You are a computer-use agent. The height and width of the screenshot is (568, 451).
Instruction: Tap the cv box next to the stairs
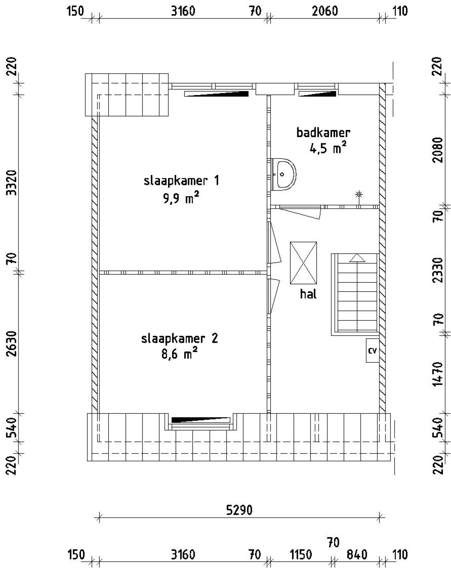(372, 350)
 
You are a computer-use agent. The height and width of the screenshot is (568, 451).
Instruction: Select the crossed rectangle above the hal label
(303, 263)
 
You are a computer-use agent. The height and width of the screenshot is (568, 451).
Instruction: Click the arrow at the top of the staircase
(357, 258)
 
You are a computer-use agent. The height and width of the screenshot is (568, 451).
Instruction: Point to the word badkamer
(323, 133)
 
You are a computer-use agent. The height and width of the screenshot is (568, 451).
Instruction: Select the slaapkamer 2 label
(180, 338)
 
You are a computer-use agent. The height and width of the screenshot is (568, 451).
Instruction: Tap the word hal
(308, 294)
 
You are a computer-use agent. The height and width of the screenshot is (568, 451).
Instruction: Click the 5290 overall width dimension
(239, 510)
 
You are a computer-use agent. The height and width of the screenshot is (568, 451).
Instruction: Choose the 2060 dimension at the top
(325, 11)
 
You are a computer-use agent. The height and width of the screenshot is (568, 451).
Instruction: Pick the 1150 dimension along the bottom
(301, 555)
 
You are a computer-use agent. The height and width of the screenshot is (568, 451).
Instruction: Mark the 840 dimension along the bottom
(357, 555)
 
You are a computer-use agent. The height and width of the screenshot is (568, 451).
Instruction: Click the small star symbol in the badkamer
(359, 194)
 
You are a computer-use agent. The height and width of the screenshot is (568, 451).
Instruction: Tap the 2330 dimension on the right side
(438, 270)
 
